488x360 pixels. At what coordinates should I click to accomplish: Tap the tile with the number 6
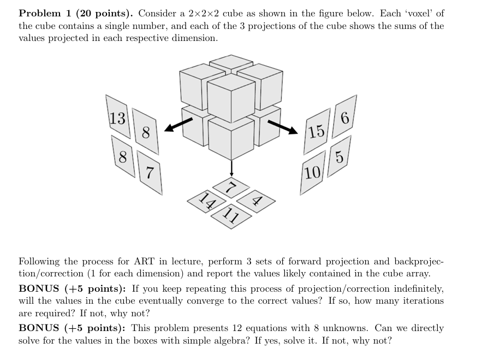click(344, 115)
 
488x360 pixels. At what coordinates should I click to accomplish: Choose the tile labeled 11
click(232, 215)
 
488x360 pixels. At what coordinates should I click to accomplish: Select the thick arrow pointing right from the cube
click(283, 126)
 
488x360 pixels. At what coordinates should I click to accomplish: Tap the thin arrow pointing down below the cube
click(231, 167)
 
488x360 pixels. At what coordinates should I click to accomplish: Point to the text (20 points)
click(103, 13)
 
